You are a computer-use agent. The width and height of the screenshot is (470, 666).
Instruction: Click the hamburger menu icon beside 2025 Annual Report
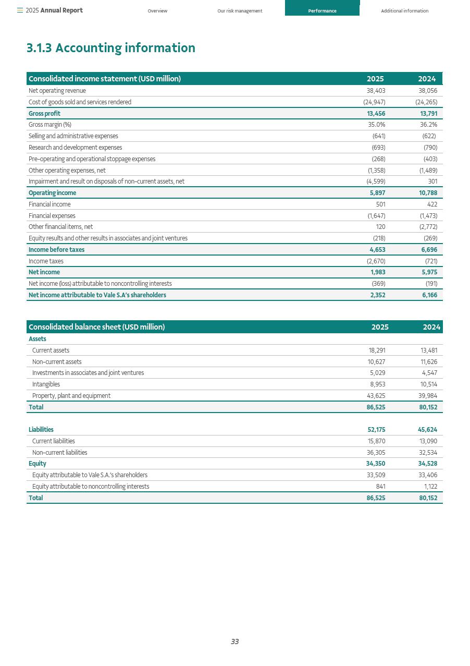point(20,10)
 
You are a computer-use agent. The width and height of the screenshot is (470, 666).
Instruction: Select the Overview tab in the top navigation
point(157,11)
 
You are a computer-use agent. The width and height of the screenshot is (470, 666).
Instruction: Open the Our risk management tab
point(240,11)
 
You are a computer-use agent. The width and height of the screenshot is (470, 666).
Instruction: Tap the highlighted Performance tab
point(322,11)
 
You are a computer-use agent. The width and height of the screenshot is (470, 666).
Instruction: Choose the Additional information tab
point(404,11)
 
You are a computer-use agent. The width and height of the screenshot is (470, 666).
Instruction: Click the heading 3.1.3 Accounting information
point(110,48)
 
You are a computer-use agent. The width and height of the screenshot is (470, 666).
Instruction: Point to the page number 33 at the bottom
point(234,641)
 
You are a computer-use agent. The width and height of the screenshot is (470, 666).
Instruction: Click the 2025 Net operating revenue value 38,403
point(376,91)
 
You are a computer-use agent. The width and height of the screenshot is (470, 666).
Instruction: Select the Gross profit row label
point(44,114)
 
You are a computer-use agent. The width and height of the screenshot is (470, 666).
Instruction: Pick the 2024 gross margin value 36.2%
point(428,125)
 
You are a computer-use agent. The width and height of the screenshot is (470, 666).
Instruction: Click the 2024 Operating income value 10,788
point(428,193)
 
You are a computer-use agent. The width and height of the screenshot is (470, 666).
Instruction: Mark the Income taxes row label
point(46,261)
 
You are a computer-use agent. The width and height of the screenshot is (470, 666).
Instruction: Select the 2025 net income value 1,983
point(377,272)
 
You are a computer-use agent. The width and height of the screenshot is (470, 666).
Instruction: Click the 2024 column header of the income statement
point(427,79)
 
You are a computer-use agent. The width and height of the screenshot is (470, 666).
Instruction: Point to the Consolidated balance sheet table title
point(96,327)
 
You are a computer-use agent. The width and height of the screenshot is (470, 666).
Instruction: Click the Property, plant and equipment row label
point(71,396)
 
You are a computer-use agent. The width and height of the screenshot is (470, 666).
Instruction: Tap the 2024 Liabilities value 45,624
point(427,430)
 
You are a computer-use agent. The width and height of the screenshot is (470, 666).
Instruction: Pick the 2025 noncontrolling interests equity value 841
point(380,487)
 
